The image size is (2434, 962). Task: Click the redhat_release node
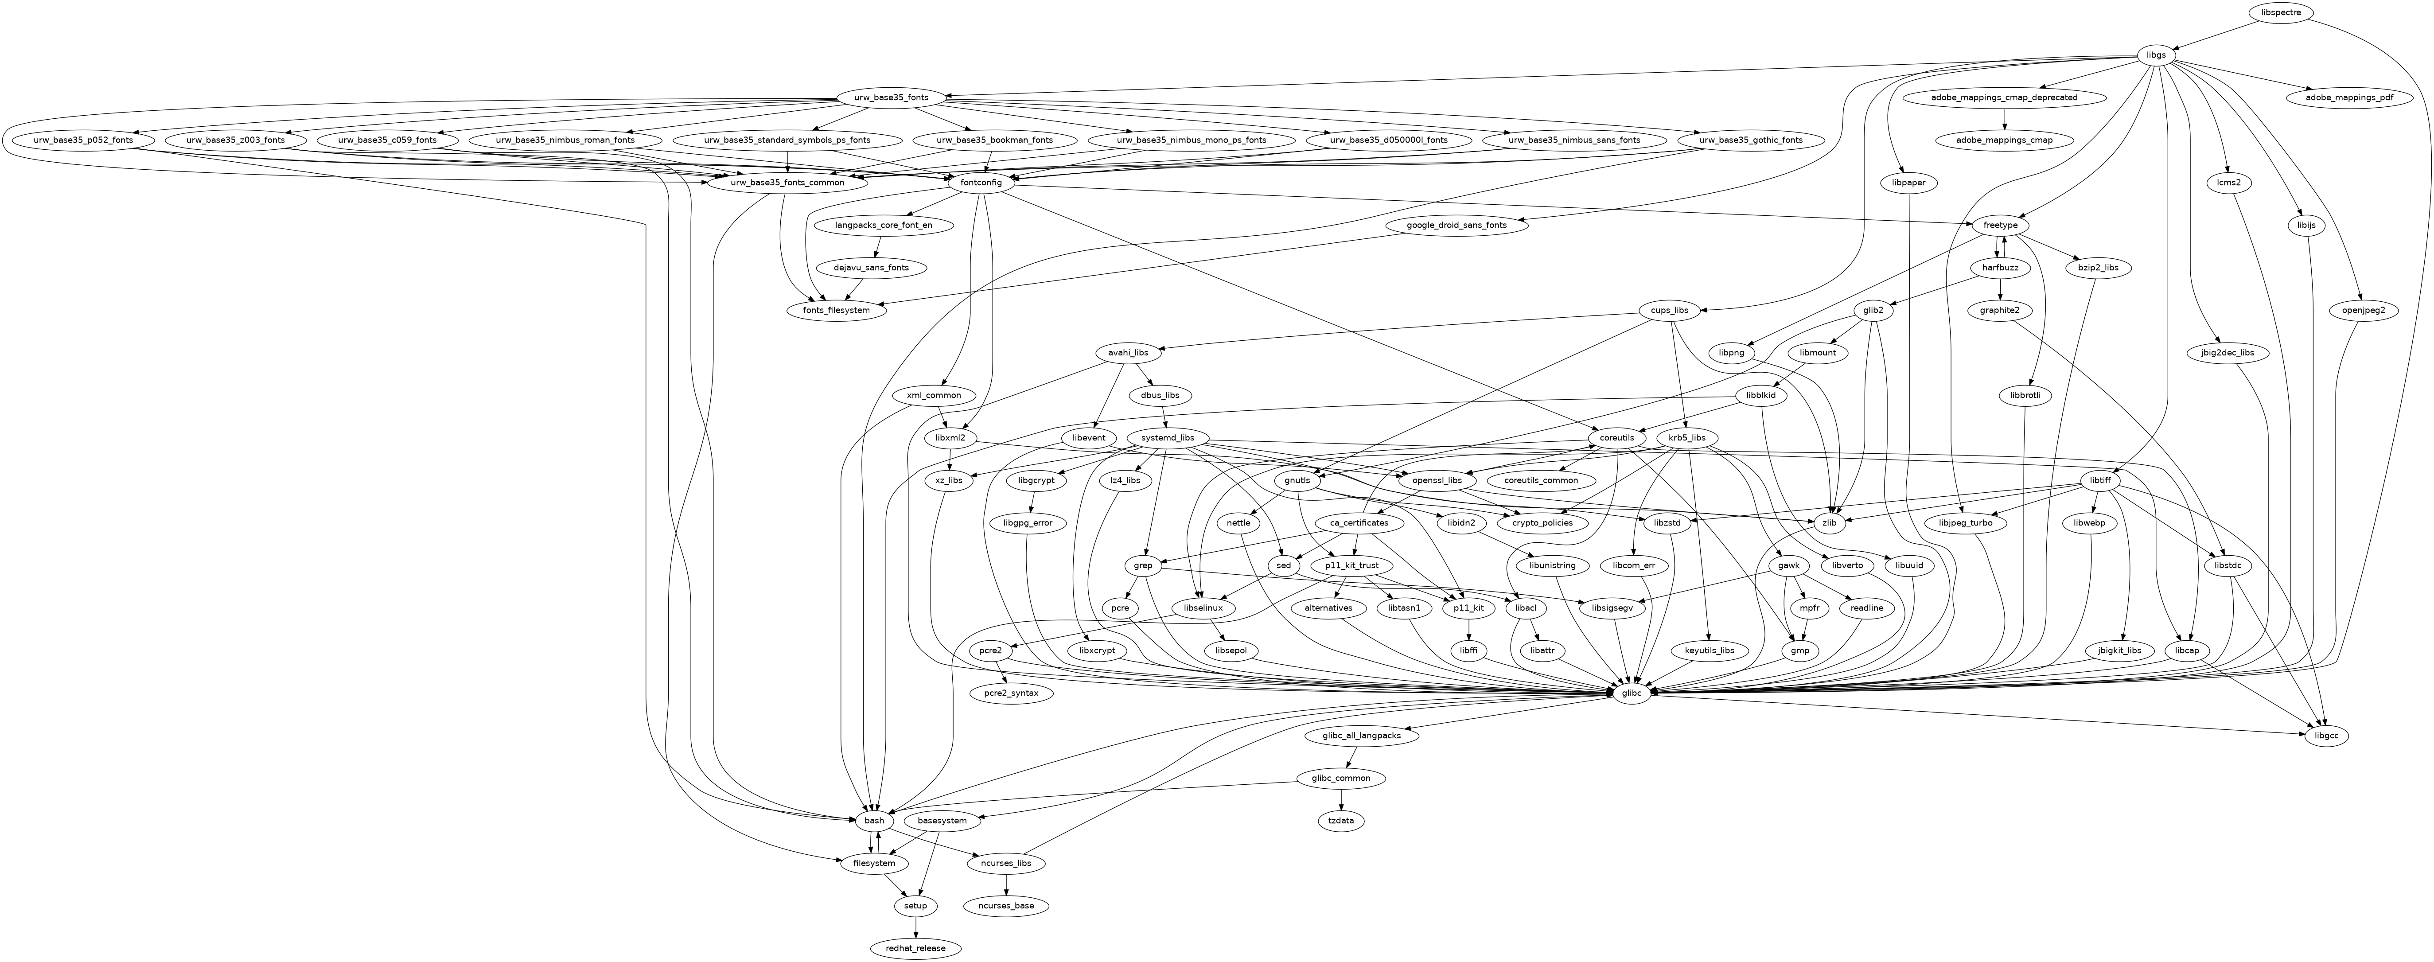tap(915, 948)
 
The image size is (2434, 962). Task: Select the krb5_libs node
tap(1686, 439)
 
